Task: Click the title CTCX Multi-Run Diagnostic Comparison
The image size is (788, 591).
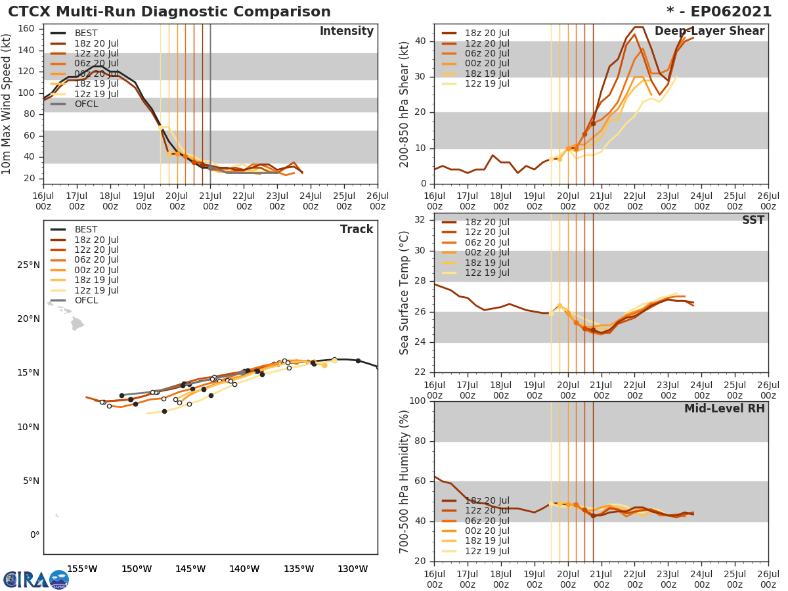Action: click(169, 12)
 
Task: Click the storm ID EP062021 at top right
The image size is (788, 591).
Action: click(722, 12)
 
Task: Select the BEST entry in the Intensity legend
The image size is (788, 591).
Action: click(85, 33)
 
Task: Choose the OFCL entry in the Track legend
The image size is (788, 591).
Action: click(85, 300)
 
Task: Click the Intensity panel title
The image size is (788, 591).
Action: click(346, 32)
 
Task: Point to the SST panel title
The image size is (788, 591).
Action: click(753, 221)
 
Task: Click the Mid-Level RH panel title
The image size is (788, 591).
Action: click(724, 408)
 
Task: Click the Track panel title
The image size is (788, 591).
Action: click(356, 229)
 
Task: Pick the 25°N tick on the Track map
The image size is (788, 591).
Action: click(29, 265)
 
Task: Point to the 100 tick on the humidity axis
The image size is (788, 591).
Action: click(416, 401)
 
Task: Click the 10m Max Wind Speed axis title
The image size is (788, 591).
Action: click(8, 105)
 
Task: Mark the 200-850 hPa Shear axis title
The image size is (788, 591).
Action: click(405, 105)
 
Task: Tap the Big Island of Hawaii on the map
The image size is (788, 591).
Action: click(77, 324)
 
